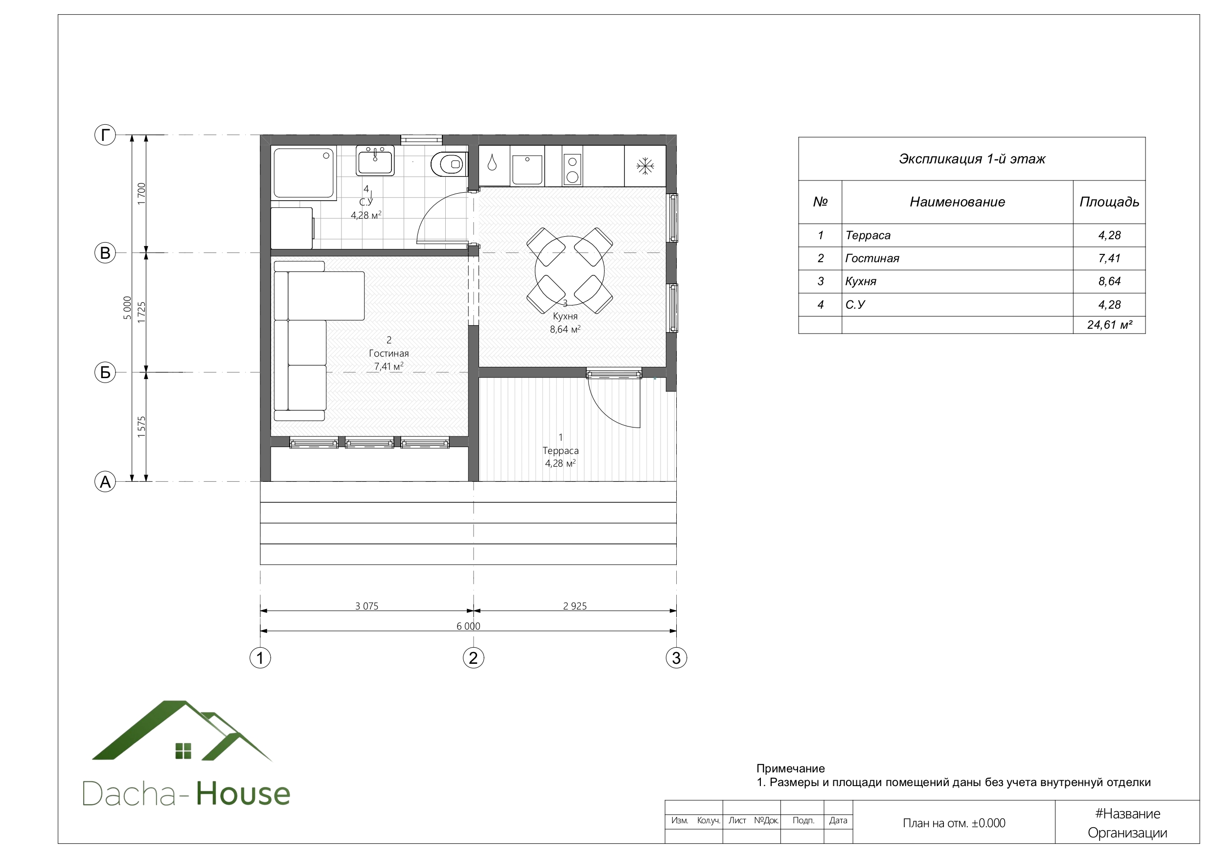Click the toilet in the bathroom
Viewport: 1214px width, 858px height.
pyautogui.click(x=449, y=164)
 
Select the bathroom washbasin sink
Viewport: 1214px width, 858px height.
pyautogui.click(x=375, y=161)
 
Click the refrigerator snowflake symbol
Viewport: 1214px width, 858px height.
pyautogui.click(x=645, y=166)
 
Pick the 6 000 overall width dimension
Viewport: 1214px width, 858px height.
pyautogui.click(x=468, y=627)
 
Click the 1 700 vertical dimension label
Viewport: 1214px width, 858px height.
pyautogui.click(x=141, y=194)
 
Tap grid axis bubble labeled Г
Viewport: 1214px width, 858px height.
pyautogui.click(x=105, y=135)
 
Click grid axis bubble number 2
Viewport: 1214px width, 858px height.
pyautogui.click(x=473, y=657)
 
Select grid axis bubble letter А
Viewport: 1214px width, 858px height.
pyautogui.click(x=105, y=482)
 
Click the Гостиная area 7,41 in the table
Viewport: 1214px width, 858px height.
pyautogui.click(x=1109, y=258)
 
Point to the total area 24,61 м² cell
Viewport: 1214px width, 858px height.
pyautogui.click(x=1109, y=325)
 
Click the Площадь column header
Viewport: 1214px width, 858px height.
pyautogui.click(x=1109, y=202)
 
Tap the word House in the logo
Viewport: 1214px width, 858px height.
pyautogui.click(x=243, y=793)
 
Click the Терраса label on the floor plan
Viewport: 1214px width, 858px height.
pyautogui.click(x=560, y=451)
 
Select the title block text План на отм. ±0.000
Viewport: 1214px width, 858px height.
pyautogui.click(x=954, y=823)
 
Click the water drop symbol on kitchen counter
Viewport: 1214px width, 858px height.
pyautogui.click(x=492, y=162)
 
